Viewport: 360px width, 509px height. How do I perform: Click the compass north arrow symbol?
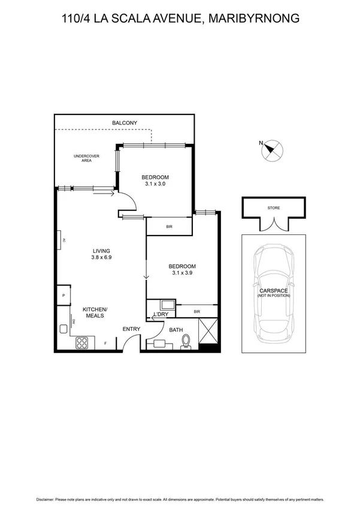pos(273,149)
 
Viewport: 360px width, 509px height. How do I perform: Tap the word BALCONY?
pos(125,123)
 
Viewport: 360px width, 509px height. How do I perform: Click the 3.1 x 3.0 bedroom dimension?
pos(155,184)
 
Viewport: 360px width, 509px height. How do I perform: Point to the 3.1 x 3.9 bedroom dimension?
pos(182,273)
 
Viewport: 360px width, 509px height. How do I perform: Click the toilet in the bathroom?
pos(186,341)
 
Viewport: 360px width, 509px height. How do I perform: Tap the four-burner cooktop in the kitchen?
pos(81,343)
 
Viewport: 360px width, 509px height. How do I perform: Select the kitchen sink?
pos(62,328)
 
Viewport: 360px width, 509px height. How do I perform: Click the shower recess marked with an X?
pos(208,330)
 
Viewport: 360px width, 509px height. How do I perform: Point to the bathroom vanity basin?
pos(159,344)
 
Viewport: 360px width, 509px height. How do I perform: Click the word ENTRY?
pos(131,329)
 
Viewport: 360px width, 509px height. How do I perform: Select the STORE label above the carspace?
pos(273,208)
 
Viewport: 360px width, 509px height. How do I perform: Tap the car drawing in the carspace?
pos(273,291)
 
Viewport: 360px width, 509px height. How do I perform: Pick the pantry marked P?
pos(63,296)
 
